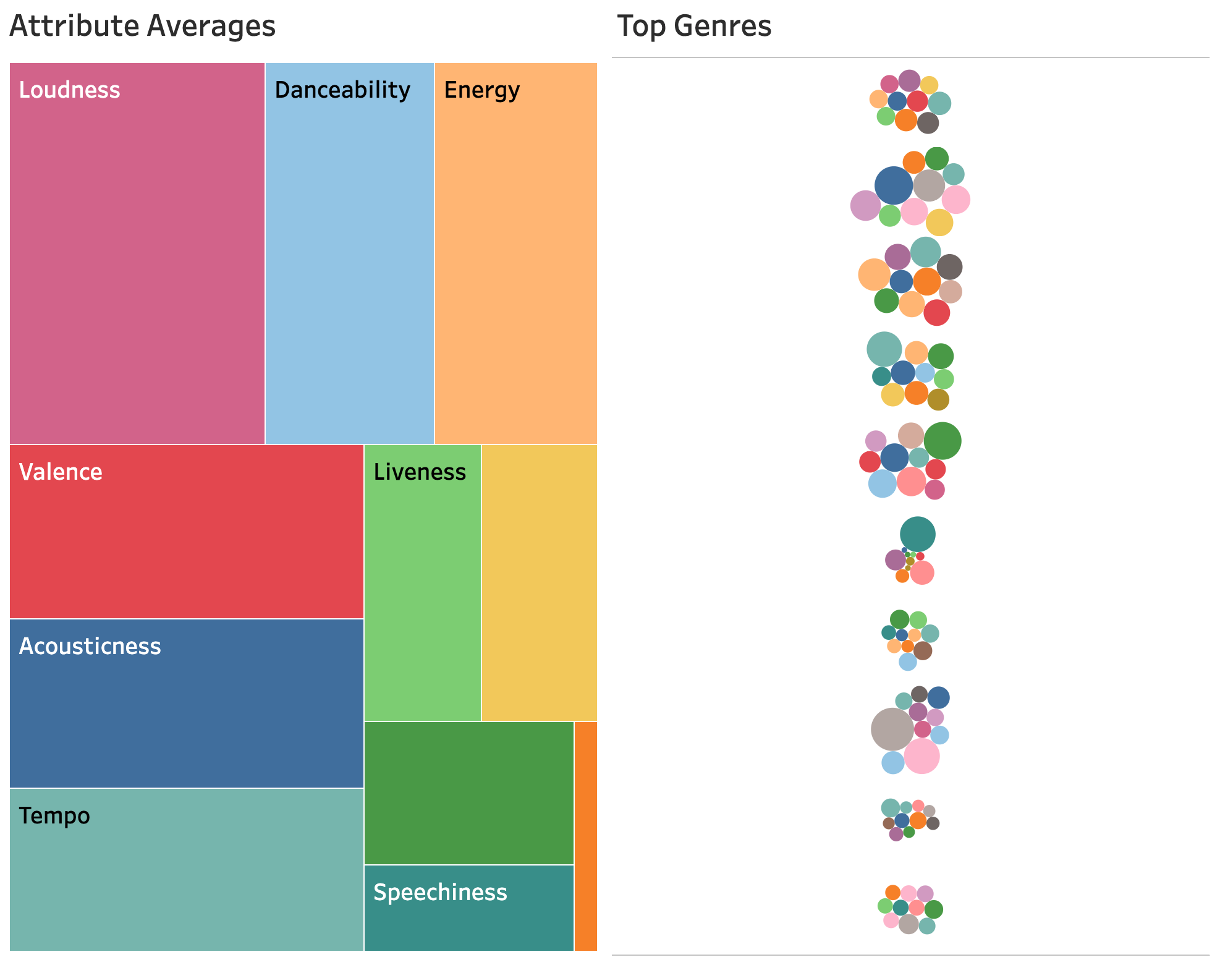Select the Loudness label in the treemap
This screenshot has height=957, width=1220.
click(x=69, y=90)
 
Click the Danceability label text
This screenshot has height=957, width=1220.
click(x=342, y=90)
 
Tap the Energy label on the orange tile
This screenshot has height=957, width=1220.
click(x=481, y=90)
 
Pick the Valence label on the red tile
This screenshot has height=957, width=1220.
click(x=61, y=472)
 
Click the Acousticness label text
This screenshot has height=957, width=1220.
click(x=90, y=647)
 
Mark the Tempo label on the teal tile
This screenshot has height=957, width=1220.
click(x=54, y=816)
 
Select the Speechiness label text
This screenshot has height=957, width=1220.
click(x=440, y=893)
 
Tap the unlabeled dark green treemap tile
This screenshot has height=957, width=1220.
click(x=468, y=793)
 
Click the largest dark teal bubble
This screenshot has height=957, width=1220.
click(x=917, y=534)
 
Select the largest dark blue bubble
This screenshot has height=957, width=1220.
click(x=894, y=185)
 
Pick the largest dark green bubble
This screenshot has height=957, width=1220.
click(x=943, y=441)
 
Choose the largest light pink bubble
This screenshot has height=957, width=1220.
click(x=921, y=756)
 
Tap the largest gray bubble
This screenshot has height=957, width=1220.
click(x=892, y=729)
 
